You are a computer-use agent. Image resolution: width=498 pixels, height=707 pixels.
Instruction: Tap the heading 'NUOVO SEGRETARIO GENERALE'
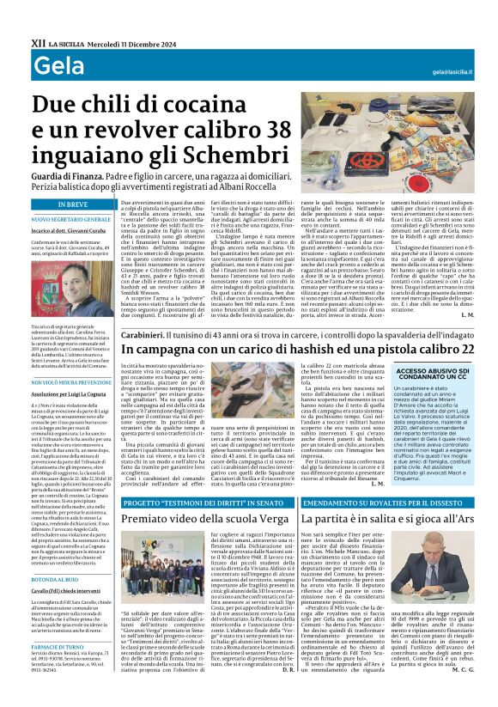(70, 219)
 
